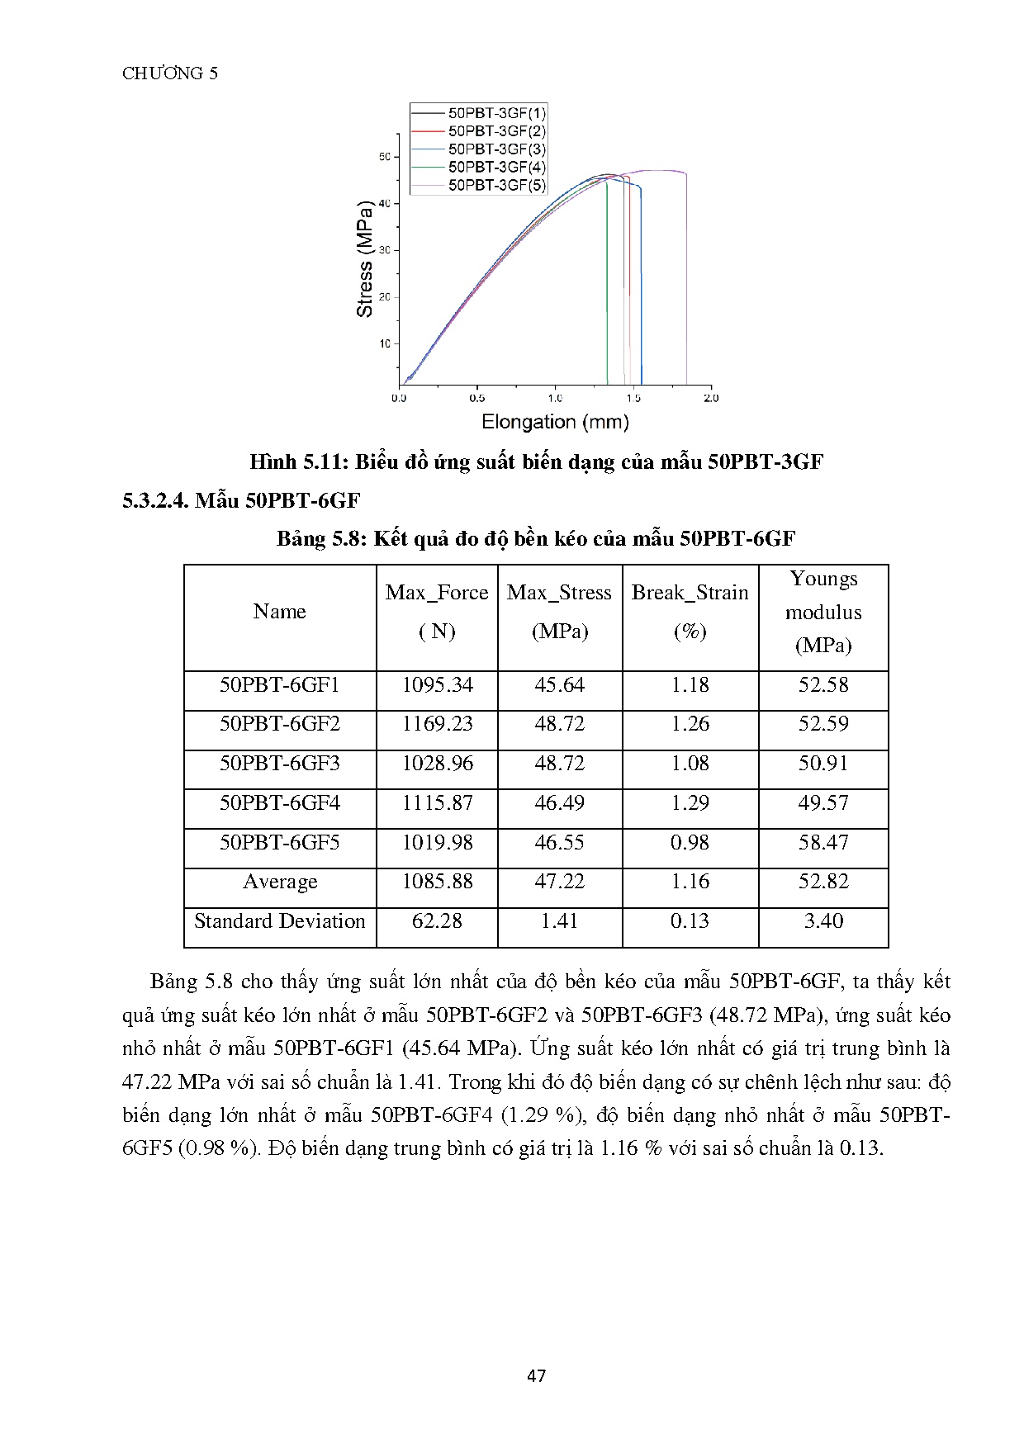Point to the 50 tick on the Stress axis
(x=385, y=157)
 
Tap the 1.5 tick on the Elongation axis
(x=633, y=398)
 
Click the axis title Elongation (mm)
(x=555, y=423)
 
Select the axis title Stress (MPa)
(x=364, y=258)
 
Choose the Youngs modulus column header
(x=823, y=612)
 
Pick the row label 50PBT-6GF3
(x=279, y=764)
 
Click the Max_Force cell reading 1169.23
(x=437, y=724)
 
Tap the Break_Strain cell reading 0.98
(x=690, y=843)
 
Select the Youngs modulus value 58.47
(x=823, y=843)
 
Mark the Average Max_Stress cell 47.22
(x=559, y=882)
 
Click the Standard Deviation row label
(x=279, y=921)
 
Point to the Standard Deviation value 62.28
(x=437, y=921)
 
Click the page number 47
(x=536, y=1375)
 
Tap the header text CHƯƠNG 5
(x=170, y=73)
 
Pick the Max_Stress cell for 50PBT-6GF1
(x=559, y=685)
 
